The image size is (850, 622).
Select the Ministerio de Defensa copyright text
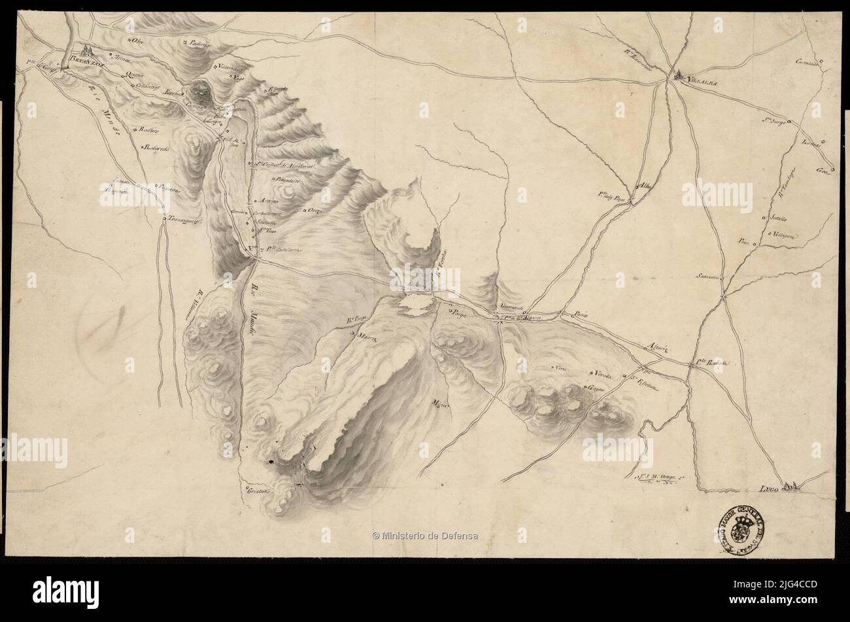tap(425, 536)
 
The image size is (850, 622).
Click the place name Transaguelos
tap(185, 220)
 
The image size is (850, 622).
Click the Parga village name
tap(456, 313)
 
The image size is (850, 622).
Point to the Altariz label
tap(654, 347)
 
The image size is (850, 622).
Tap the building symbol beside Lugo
tap(792, 485)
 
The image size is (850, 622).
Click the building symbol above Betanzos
tap(88, 48)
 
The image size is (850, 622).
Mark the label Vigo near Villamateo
tap(239, 76)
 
